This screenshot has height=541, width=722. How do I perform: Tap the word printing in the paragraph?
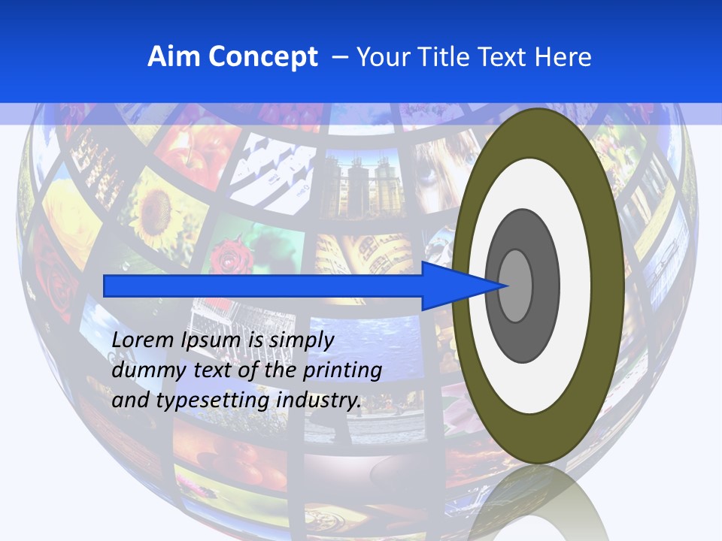pyautogui.click(x=341, y=371)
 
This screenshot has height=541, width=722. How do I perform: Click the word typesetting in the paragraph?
pyautogui.click(x=213, y=401)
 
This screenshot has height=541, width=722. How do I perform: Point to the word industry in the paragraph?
pyautogui.click(x=319, y=400)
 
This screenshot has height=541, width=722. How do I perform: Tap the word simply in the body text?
pyautogui.click(x=301, y=340)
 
